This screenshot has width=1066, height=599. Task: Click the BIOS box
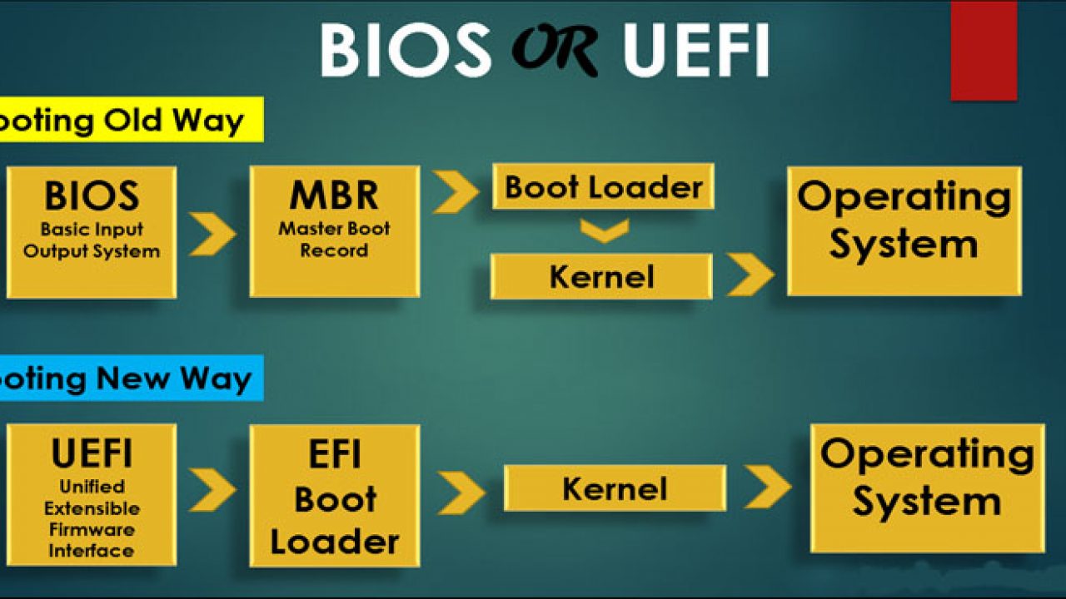tap(91, 232)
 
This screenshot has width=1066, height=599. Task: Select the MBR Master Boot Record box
tap(334, 230)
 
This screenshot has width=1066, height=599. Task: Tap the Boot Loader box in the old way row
tap(603, 186)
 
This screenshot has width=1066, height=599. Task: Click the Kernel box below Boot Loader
tap(601, 276)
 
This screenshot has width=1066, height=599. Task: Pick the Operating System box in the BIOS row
tap(904, 230)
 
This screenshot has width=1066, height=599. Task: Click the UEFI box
tap(91, 494)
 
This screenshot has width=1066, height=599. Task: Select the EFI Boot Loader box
tap(334, 496)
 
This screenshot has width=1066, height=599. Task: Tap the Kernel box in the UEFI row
tap(615, 488)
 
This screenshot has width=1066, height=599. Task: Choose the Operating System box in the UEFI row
tap(927, 488)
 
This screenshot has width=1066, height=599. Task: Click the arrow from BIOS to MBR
tap(212, 234)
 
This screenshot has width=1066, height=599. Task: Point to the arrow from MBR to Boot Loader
tap(456, 192)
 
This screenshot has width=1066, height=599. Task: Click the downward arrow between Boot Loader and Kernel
tap(604, 231)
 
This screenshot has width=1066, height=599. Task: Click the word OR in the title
tap(555, 50)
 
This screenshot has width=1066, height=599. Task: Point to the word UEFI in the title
tap(695, 50)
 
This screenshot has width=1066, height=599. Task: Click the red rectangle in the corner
tap(984, 50)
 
